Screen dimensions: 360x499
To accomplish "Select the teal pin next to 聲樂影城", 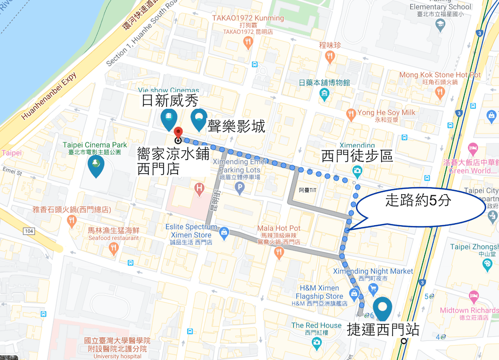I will coord(199,118).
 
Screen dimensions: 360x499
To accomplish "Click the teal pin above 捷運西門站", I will coord(383,308).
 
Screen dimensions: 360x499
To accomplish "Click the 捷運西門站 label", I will coord(383,330).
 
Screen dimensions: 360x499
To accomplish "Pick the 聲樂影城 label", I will coord(237,126).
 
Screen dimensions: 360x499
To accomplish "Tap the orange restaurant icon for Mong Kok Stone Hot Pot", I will coord(440,92).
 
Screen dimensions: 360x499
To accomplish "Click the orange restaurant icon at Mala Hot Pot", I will coord(279,253).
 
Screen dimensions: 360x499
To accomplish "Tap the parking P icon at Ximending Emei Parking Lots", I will coord(240,189).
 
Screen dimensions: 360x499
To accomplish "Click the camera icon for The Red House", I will coord(316,343).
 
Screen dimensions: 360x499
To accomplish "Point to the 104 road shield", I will coord(29,231).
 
